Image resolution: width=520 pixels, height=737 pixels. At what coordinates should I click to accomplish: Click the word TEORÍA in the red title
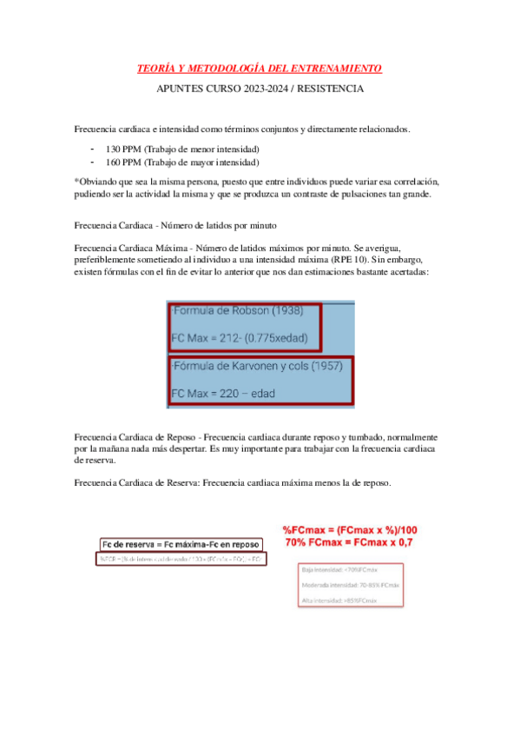click(x=159, y=68)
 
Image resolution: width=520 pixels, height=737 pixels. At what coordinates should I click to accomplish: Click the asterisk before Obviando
click(x=76, y=182)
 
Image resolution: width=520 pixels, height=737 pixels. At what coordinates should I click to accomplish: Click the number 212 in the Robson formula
click(x=227, y=338)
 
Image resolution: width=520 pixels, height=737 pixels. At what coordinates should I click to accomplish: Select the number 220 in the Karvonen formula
click(x=227, y=393)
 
